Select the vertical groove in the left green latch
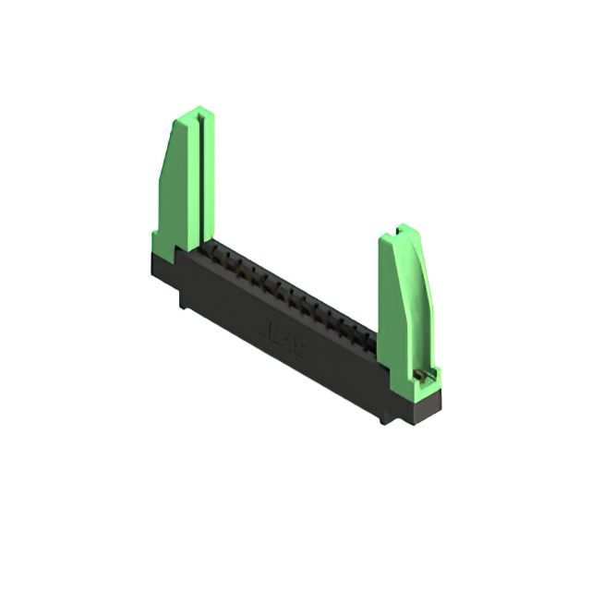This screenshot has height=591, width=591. click(197, 185)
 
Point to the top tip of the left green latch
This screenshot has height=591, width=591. click(195, 112)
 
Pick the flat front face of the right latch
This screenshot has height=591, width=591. click(392, 305)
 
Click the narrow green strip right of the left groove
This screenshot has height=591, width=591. click(206, 180)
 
